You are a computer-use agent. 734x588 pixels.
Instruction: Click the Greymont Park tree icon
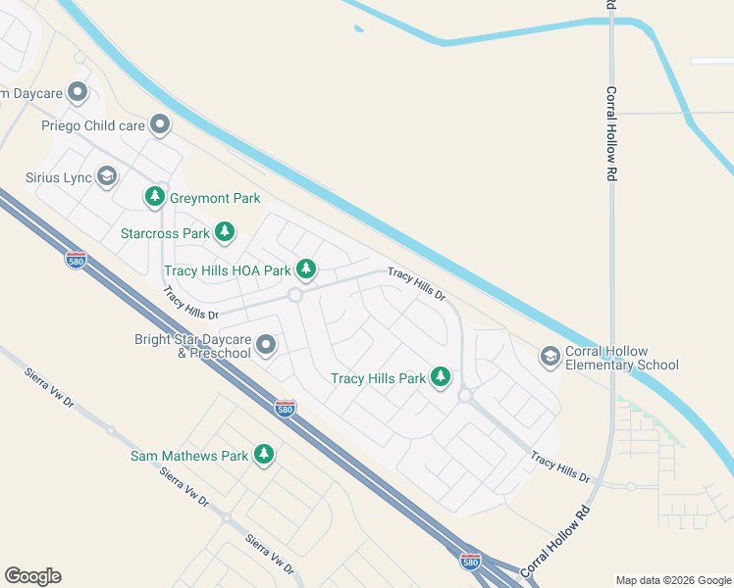(x=155, y=197)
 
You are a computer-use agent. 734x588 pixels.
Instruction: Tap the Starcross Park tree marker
(x=225, y=232)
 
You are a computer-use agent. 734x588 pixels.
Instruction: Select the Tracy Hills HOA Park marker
(x=306, y=269)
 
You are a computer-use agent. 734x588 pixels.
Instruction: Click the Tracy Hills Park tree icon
(x=441, y=376)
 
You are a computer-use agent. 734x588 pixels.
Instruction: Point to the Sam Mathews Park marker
(x=263, y=454)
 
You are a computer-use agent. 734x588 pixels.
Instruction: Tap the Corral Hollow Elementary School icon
(x=550, y=357)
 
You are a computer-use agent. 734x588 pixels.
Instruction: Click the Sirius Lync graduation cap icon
(x=107, y=176)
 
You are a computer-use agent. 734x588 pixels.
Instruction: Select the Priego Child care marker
(x=160, y=124)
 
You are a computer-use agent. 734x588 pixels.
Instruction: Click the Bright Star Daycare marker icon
(x=266, y=345)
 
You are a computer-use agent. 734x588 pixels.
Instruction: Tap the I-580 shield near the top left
(x=77, y=260)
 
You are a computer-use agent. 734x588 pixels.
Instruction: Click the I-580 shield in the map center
(x=285, y=408)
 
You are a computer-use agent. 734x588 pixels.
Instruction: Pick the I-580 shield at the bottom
(x=470, y=562)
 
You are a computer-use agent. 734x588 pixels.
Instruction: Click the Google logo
(x=32, y=576)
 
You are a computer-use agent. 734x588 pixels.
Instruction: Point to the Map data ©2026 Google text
(x=672, y=580)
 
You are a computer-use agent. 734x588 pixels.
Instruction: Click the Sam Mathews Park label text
(x=189, y=456)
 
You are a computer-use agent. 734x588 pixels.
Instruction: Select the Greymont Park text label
(x=215, y=198)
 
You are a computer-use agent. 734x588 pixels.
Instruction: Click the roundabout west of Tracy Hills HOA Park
(x=294, y=295)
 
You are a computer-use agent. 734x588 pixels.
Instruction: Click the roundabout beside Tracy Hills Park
(x=465, y=396)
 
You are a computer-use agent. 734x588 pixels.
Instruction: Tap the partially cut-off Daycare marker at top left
(x=79, y=94)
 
